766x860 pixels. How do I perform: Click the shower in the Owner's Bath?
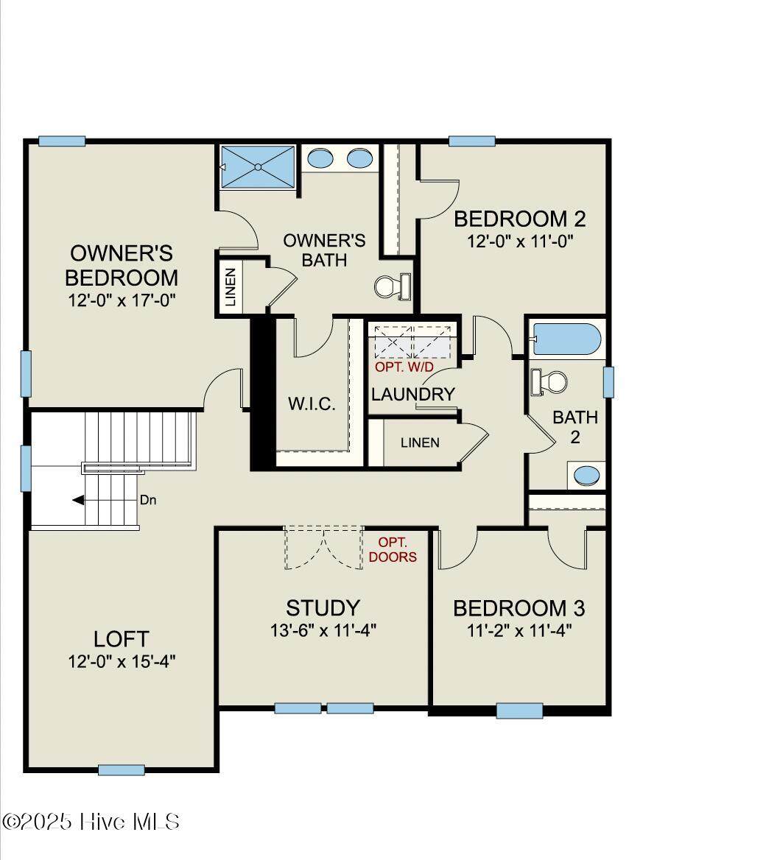click(257, 166)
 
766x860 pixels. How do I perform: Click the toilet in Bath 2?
click(549, 381)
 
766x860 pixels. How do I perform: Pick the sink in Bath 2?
click(586, 475)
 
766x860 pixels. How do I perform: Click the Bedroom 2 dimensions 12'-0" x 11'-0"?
click(520, 242)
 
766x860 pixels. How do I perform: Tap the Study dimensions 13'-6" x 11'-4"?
click(323, 631)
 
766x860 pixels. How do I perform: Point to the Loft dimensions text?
click(122, 661)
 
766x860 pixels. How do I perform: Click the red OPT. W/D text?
click(404, 367)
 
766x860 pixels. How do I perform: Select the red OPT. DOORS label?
click(393, 549)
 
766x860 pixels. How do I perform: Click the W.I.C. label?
click(312, 404)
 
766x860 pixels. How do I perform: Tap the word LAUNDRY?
click(413, 395)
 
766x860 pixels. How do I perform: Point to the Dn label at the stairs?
click(148, 500)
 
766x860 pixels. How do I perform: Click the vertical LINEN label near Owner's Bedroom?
click(231, 287)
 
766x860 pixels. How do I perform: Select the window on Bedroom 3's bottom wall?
click(520, 711)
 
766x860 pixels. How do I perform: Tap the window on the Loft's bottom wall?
click(122, 770)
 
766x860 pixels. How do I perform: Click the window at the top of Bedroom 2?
click(472, 141)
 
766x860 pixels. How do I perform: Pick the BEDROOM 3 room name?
click(519, 608)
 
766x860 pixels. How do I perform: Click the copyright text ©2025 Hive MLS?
click(91, 822)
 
